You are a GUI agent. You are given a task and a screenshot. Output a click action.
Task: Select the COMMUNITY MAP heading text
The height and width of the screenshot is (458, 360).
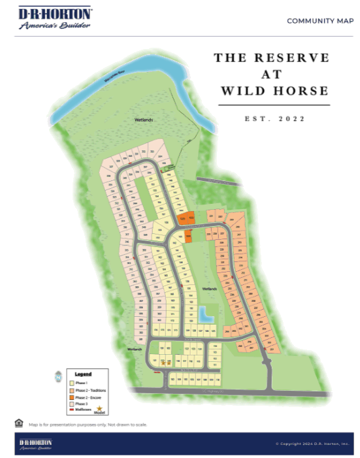tap(320, 21)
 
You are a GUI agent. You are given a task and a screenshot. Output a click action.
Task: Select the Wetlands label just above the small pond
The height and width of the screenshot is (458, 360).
tap(208, 288)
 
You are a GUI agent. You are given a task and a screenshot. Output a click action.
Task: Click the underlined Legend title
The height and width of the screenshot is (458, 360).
tap(83, 374)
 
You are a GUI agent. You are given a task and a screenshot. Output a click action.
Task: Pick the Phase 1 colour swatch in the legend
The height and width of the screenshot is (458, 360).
tap(71, 382)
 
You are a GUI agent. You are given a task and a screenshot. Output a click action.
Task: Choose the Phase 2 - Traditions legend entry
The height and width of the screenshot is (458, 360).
tap(91, 390)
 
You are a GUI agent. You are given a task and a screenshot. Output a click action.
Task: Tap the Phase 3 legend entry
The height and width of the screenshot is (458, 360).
tap(81, 404)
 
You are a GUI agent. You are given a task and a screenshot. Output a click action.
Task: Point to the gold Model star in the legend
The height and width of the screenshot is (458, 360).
tap(99, 408)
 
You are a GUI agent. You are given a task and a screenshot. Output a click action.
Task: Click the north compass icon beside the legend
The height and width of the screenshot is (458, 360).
tap(57, 377)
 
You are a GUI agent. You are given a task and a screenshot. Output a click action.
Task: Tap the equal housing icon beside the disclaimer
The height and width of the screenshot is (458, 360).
tap(18, 423)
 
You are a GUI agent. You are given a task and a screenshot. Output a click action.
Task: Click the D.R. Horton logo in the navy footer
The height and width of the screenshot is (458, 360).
tap(37, 444)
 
